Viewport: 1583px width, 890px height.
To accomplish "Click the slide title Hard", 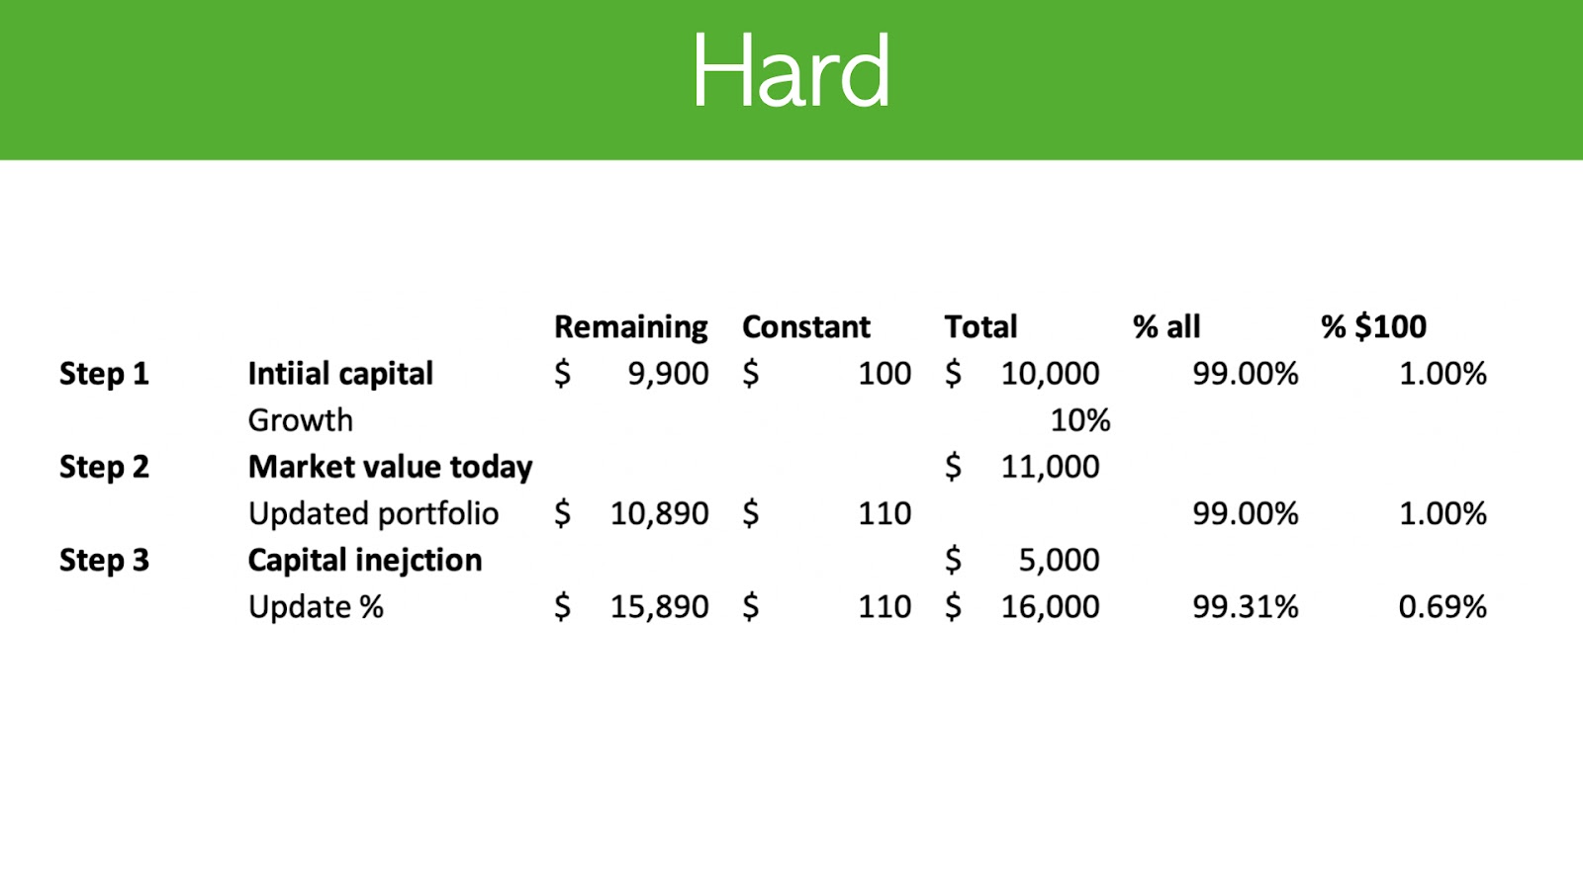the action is pyautogui.click(x=791, y=70).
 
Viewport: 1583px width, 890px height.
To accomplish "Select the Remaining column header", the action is pyautogui.click(x=630, y=327).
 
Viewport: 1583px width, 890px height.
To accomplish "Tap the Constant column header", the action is pyautogui.click(x=806, y=326).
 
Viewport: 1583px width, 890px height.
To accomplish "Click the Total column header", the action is pyautogui.click(x=980, y=326).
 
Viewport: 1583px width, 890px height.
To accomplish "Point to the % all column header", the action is pyautogui.click(x=1166, y=326).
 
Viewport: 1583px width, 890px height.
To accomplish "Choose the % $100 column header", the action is pyautogui.click(x=1374, y=326).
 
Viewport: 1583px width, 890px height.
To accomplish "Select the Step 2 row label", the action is pyautogui.click(x=104, y=467).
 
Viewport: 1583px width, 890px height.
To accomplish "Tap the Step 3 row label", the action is pyautogui.click(x=104, y=560).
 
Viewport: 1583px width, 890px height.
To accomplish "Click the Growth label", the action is pyautogui.click(x=301, y=420).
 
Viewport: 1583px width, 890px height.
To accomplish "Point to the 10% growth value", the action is pyautogui.click(x=1079, y=420).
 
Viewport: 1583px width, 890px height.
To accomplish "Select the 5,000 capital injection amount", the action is pyautogui.click(x=1059, y=561).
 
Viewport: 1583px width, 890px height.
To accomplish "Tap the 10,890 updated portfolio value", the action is pyautogui.click(x=659, y=514).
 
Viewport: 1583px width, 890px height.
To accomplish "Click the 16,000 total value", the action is pyautogui.click(x=1050, y=607).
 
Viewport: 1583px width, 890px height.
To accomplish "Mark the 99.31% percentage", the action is pyautogui.click(x=1246, y=607).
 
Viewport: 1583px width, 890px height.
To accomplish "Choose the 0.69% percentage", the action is pyautogui.click(x=1443, y=607).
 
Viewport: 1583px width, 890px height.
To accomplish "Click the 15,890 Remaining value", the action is pyautogui.click(x=659, y=607).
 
